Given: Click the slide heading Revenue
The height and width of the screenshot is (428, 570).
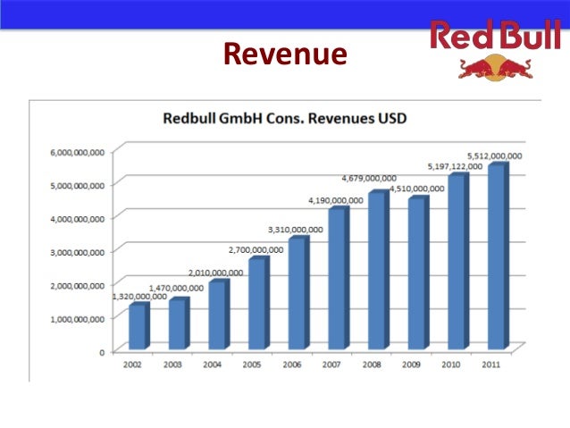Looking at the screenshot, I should coord(284,55).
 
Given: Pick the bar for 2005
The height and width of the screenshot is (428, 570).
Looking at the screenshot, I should coord(257,304).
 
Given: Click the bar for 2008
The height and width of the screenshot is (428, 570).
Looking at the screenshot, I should coord(376,270).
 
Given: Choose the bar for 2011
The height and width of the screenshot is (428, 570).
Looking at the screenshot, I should coord(496,256).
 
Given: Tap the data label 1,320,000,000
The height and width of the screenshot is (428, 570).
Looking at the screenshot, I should coord(139,296).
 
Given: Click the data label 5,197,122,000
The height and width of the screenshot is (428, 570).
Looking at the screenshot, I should coord(453,166).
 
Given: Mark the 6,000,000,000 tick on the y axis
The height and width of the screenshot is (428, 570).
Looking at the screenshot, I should coord(77,151).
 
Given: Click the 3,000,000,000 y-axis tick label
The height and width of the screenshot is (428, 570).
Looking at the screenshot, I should coord(77,252).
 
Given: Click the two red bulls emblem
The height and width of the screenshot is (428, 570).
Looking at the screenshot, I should coord(494,68).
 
